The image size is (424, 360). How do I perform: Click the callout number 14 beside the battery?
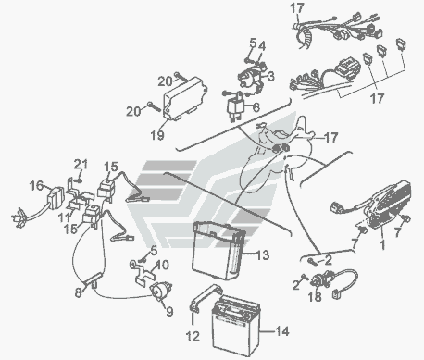pyautogui.click(x=282, y=331)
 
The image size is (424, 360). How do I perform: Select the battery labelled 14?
pyautogui.click(x=236, y=326)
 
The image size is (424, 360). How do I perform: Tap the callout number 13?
pyautogui.click(x=263, y=255)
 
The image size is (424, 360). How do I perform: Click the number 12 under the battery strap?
pyautogui.click(x=193, y=336)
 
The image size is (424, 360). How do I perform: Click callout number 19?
pyautogui.click(x=157, y=135)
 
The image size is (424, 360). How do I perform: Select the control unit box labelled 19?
pyautogui.click(x=184, y=98)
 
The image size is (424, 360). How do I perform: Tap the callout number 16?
pyautogui.click(x=36, y=186)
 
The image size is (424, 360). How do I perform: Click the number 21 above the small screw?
pyautogui.click(x=81, y=164)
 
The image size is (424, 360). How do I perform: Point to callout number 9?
pyautogui.click(x=169, y=312)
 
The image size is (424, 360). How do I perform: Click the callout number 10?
pyautogui.click(x=162, y=265)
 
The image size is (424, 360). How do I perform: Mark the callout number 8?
pyautogui.click(x=79, y=292)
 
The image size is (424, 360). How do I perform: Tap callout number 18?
pyautogui.click(x=315, y=296)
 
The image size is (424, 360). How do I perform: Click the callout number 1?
pyautogui.click(x=382, y=245)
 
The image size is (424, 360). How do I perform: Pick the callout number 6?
pyautogui.click(x=256, y=107)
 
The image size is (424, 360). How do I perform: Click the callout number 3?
pyautogui.click(x=270, y=76)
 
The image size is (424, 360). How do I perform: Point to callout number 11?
pyautogui.click(x=65, y=217)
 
